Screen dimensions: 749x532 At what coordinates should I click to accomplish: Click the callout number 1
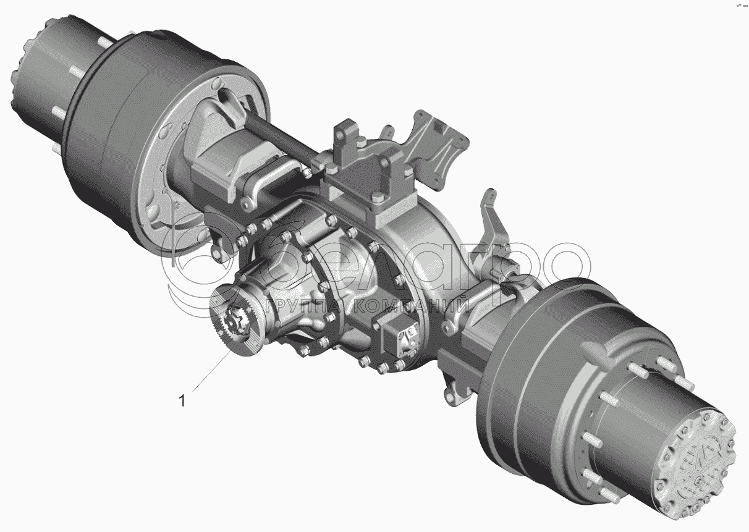[182, 400]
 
